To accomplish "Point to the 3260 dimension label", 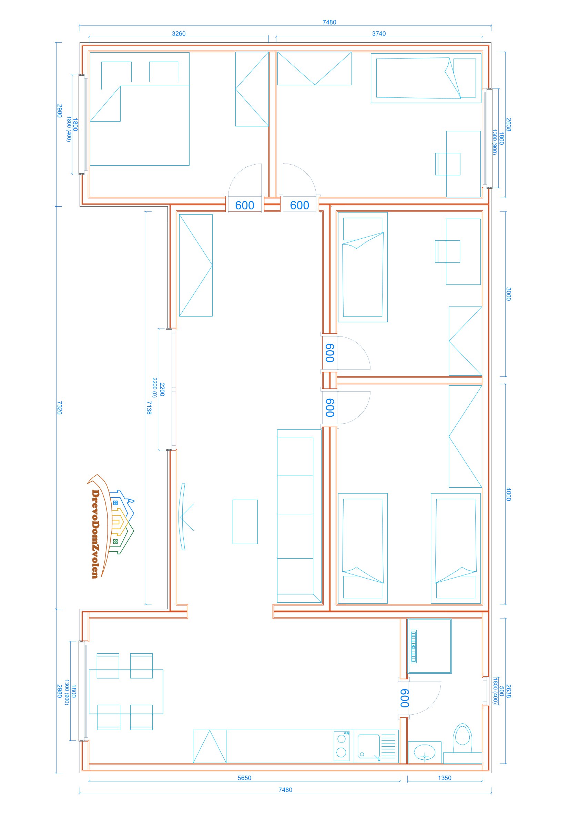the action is [x=179, y=33].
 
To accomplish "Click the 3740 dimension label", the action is [x=379, y=33].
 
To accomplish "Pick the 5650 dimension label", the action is [x=244, y=778].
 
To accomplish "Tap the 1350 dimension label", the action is [x=445, y=778].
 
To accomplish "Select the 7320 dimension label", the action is [x=59, y=407].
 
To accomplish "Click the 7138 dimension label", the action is [x=149, y=407].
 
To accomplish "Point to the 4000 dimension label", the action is [x=509, y=494].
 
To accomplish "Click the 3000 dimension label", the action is [x=509, y=294].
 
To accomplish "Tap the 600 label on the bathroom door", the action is [x=404, y=698].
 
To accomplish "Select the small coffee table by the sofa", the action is [x=245, y=522].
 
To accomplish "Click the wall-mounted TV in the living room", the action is [x=183, y=517].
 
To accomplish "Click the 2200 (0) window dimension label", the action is [x=154, y=387].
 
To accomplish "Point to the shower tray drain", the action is [x=414, y=647].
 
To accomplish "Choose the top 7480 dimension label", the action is [x=329, y=22].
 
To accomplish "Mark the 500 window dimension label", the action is [x=502, y=691].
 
